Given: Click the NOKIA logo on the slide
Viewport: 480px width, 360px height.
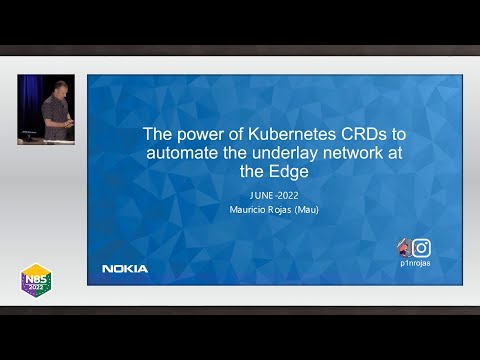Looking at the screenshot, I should pyautogui.click(x=125, y=268).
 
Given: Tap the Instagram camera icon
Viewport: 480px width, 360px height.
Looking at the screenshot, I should pyautogui.click(x=421, y=248).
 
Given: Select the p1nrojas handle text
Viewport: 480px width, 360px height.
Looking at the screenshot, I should pyautogui.click(x=414, y=264).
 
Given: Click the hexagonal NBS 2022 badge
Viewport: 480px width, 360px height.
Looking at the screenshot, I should pyautogui.click(x=36, y=279).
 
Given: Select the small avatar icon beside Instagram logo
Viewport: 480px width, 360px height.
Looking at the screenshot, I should pyautogui.click(x=403, y=247).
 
